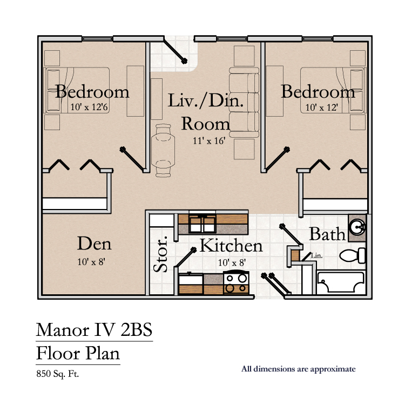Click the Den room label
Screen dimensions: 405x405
(x=94, y=244)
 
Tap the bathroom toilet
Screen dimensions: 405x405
(x=353, y=255)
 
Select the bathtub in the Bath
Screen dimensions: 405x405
(x=341, y=282)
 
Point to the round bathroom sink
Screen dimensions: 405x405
(x=357, y=227)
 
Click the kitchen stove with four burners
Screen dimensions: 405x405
(x=237, y=282)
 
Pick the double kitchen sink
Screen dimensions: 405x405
(x=202, y=224)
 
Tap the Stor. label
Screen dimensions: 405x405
(x=160, y=254)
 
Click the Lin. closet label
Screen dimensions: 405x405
(x=316, y=256)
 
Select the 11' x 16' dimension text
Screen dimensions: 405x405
(x=209, y=141)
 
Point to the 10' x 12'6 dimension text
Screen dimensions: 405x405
(x=89, y=107)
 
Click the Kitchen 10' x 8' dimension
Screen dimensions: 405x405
(x=232, y=262)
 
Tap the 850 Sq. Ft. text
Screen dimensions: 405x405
(x=57, y=374)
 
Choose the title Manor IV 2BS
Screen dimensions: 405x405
(x=94, y=330)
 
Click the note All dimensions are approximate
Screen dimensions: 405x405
(x=298, y=369)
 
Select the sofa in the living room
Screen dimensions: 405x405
(x=244, y=102)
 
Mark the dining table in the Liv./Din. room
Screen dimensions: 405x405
(x=163, y=150)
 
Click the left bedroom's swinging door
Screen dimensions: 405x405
(x=132, y=159)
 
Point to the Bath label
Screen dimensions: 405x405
(x=327, y=234)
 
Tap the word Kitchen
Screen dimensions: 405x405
(x=231, y=245)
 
